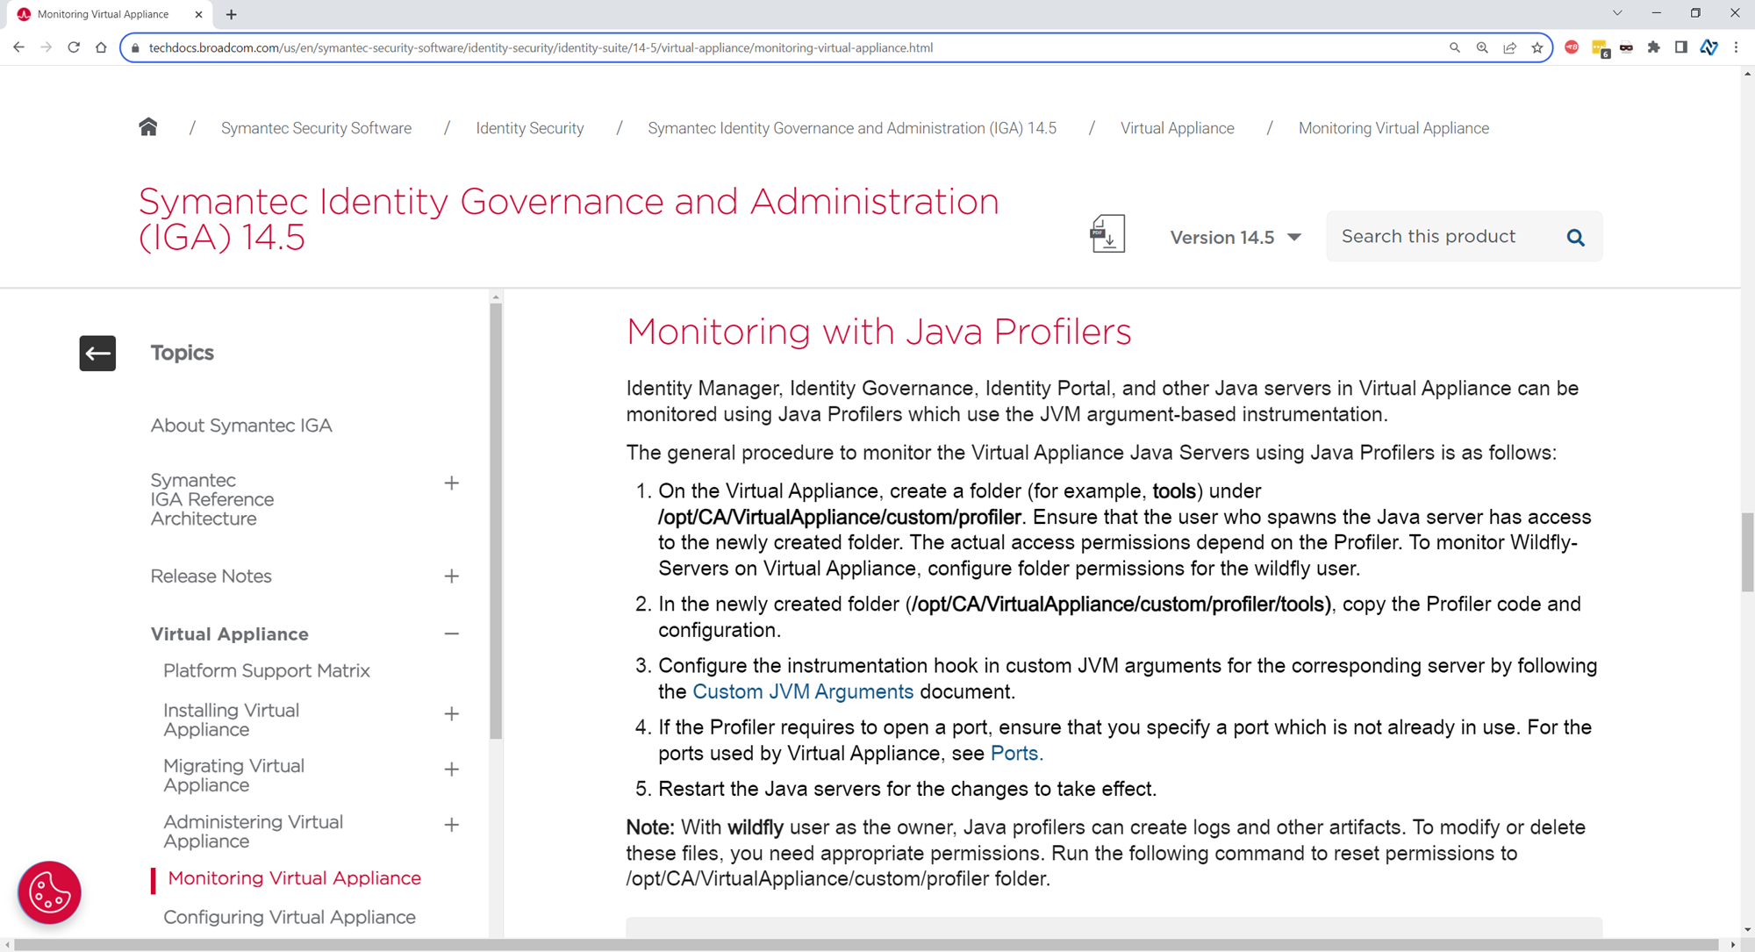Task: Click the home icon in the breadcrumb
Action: (148, 128)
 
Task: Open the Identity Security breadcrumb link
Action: (529, 128)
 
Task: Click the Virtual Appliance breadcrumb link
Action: (1177, 128)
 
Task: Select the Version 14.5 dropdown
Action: (1235, 238)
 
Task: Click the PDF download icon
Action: (1107, 234)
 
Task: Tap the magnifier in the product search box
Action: (1575, 237)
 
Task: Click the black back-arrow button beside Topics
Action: (97, 353)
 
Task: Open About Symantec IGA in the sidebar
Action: (241, 426)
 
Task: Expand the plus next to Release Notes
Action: (451, 576)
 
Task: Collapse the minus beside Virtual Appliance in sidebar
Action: (451, 633)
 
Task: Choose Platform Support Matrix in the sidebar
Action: (267, 670)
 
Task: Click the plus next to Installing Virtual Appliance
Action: (451, 714)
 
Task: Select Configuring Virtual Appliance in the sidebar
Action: (290, 917)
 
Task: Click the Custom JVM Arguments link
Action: (803, 691)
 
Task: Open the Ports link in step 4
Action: (1014, 753)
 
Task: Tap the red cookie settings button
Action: (49, 892)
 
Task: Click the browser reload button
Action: (74, 47)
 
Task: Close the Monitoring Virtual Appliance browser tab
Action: (198, 14)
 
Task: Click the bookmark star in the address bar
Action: (1537, 47)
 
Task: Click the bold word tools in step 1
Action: (1174, 490)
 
